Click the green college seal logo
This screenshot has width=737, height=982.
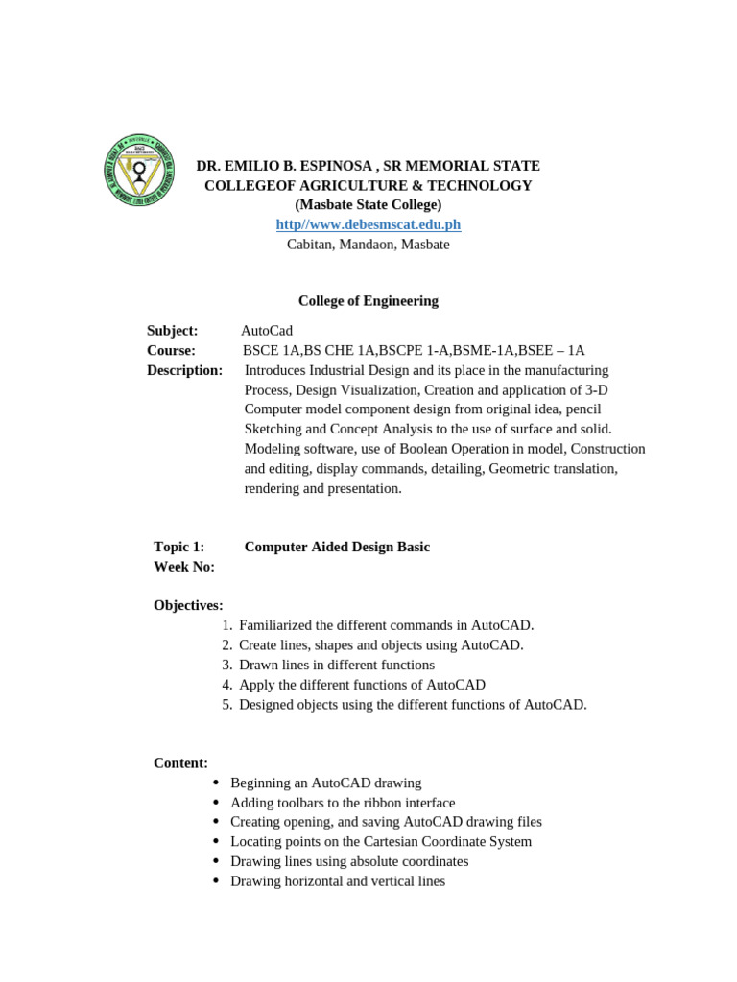tap(139, 170)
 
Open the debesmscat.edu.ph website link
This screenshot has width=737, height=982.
tap(368, 224)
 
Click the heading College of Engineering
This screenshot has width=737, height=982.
tap(368, 301)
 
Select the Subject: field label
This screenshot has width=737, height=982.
tap(173, 331)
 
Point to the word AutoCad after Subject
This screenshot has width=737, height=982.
tap(267, 331)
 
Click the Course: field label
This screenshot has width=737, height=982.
tap(171, 351)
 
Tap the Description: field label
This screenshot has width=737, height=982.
tap(184, 370)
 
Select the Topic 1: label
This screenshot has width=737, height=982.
tap(178, 547)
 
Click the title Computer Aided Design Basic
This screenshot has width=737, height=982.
tap(337, 547)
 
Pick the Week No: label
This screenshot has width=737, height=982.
tap(184, 567)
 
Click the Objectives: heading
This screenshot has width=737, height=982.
tap(188, 606)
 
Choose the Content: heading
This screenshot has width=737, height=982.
tap(180, 763)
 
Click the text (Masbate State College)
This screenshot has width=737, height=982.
tap(368, 205)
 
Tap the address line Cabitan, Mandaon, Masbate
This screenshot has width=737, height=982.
tap(368, 245)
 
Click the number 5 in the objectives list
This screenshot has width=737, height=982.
tap(226, 705)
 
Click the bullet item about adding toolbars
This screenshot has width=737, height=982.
tap(342, 803)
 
